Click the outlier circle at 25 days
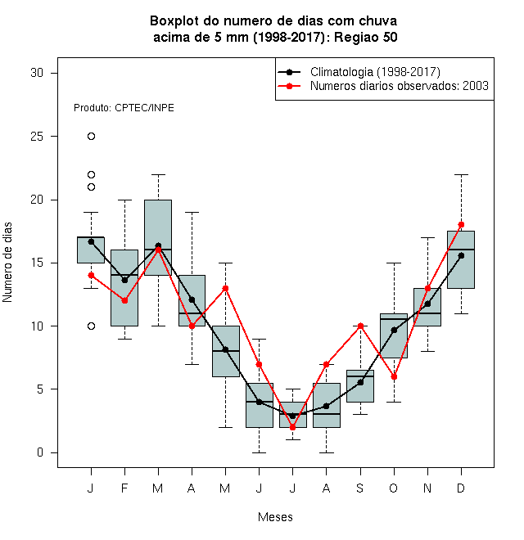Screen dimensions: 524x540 tap(91, 137)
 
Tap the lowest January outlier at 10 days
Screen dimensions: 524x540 tap(91, 326)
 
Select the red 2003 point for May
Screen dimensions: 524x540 tap(225, 288)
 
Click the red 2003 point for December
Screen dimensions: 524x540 tap(461, 224)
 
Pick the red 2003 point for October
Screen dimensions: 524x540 tap(394, 376)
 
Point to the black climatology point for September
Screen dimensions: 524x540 tap(360, 382)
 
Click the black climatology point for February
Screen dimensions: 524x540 tap(124, 281)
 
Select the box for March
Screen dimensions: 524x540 tap(158, 237)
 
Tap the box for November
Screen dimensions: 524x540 tap(427, 307)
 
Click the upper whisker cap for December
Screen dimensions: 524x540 tap(461, 174)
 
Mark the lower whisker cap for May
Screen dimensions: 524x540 tap(225, 427)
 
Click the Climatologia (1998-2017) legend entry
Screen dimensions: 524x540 tap(359, 72)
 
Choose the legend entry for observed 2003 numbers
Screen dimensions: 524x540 tap(383, 86)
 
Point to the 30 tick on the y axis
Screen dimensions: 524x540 tap(54, 73)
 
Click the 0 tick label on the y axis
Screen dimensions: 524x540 tap(40, 452)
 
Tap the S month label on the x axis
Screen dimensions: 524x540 tap(360, 488)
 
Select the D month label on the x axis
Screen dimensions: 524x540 tap(461, 488)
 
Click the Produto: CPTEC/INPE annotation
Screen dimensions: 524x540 tap(124, 108)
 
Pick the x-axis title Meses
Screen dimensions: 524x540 tap(275, 517)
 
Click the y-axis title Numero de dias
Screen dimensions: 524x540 tap(7, 263)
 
